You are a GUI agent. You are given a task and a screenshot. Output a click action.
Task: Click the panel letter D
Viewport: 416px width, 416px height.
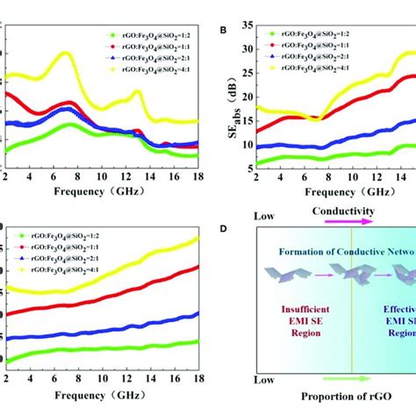pos(224,229)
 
